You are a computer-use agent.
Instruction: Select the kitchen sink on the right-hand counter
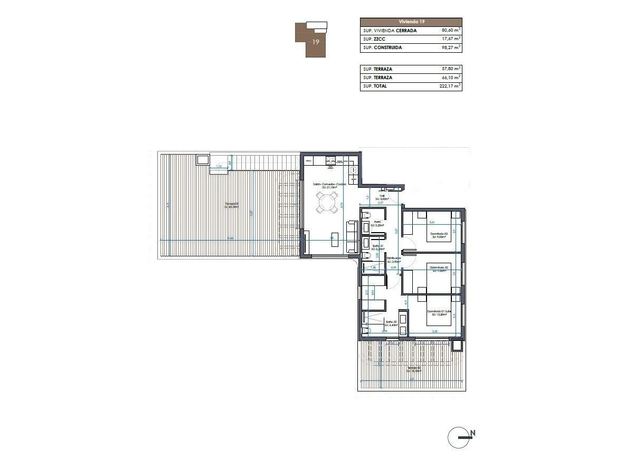click(354, 170)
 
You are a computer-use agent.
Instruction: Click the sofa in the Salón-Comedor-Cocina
click(352, 237)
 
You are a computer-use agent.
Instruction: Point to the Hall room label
click(381, 196)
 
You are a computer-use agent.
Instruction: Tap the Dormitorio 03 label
click(439, 234)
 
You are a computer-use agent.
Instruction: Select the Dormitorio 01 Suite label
click(439, 311)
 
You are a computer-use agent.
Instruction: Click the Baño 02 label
click(391, 322)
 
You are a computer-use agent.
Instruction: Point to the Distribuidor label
click(393, 259)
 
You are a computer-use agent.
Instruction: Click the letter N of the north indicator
click(473, 433)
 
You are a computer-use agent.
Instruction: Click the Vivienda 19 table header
click(411, 22)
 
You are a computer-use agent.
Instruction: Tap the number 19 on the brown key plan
click(316, 42)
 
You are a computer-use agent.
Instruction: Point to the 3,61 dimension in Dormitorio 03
click(431, 222)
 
